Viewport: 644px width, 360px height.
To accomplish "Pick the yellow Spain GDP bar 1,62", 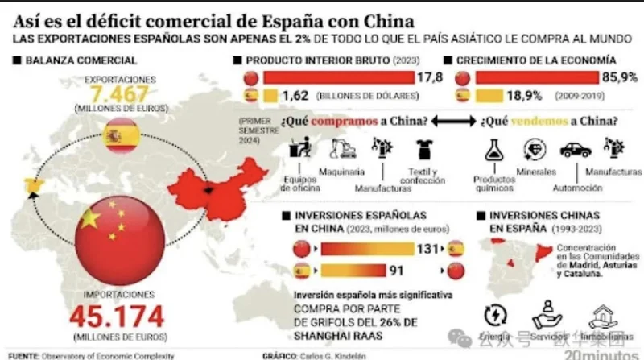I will pos(267,96).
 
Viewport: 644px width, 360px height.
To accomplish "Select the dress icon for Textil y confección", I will pos(423,149).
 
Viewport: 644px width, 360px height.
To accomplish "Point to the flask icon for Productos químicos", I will pos(493,151).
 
